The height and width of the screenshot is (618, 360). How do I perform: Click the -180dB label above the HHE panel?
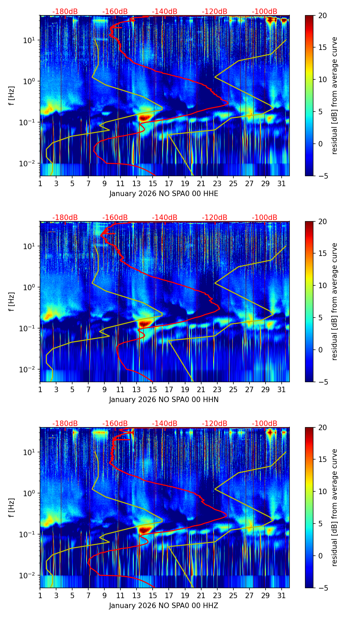click(x=65, y=12)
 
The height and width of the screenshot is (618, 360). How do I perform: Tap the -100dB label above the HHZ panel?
click(x=265, y=424)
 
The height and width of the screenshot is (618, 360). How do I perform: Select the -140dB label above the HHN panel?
click(x=165, y=218)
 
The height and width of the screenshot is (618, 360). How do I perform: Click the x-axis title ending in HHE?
click(x=164, y=194)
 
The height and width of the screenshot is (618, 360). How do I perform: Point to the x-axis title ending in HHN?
click(x=164, y=400)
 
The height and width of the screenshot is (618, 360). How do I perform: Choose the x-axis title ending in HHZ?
click(x=164, y=606)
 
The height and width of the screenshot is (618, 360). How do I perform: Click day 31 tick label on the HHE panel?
click(x=281, y=183)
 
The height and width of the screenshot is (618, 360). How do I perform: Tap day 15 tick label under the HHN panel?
click(x=153, y=389)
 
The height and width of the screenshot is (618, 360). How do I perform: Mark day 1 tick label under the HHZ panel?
click(x=40, y=595)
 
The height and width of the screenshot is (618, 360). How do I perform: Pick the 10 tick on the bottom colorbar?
click(x=322, y=491)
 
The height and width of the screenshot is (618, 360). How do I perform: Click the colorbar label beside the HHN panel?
click(x=335, y=301)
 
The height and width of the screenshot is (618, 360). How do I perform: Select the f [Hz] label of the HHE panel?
click(x=12, y=95)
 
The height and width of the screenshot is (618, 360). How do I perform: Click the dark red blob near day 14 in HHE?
click(x=145, y=117)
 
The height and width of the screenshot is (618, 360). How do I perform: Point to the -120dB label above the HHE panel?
click(x=215, y=12)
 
